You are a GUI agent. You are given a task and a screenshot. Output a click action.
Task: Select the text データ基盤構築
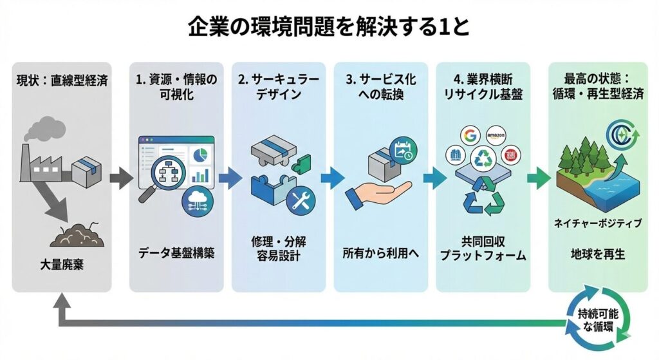pos(176,253)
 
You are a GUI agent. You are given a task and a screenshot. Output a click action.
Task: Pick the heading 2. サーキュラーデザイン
pos(279,90)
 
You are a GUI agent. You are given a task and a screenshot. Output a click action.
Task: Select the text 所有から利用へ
pos(380,253)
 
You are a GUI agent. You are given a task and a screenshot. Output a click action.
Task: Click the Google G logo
pos(469,136)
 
